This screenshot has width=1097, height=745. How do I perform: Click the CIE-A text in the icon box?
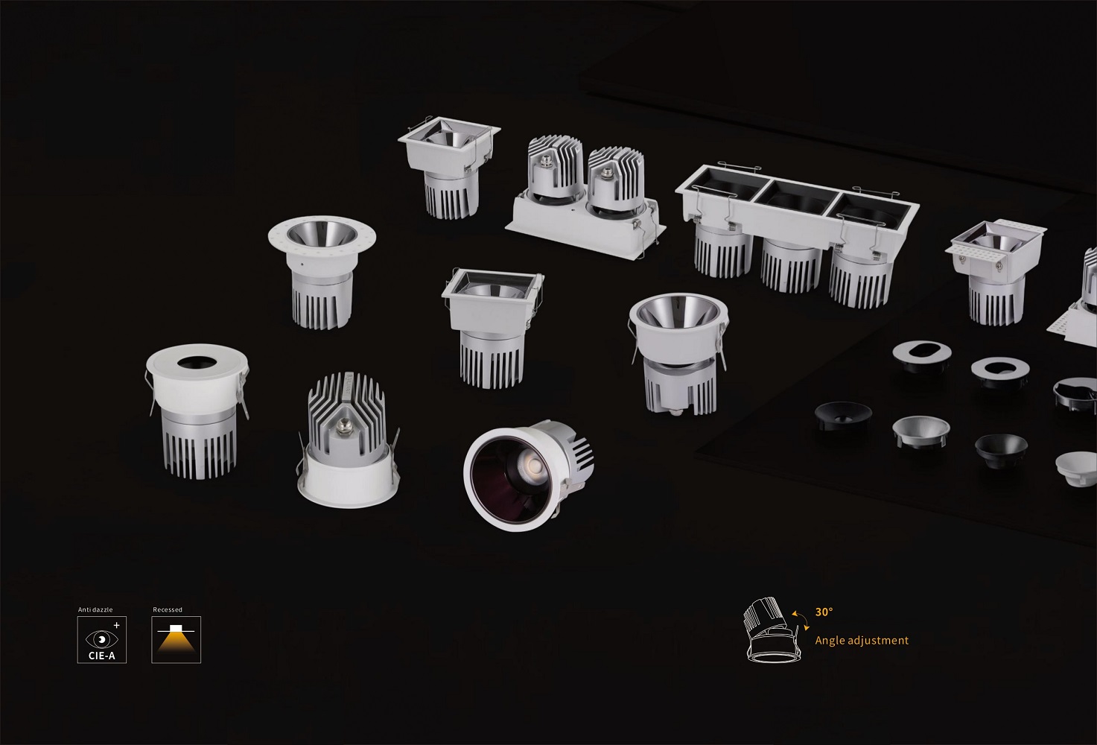102,656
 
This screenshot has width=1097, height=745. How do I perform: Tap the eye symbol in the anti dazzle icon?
102,638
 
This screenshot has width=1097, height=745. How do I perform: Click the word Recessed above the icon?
168,609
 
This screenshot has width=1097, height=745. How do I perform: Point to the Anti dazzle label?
95,609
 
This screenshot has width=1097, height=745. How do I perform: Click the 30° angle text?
824,612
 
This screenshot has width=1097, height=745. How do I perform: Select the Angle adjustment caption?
862,641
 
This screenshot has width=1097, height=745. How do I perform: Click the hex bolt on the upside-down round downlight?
342,430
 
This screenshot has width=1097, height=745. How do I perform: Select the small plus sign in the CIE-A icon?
117,626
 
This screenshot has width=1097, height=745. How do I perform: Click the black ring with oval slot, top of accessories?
922,355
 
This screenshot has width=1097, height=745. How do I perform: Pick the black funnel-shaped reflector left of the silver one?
843,416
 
